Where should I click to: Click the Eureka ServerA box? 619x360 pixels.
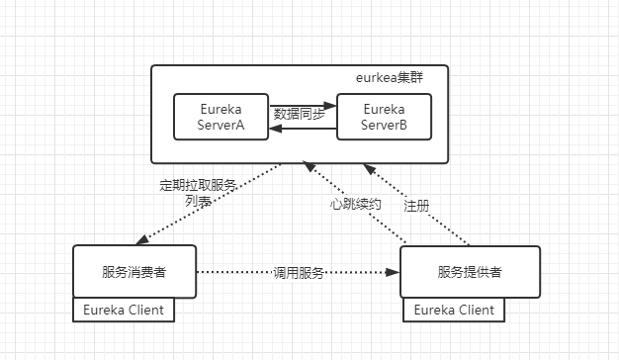click(221, 117)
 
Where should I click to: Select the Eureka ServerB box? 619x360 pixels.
click(386, 117)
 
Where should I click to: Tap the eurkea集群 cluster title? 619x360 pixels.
click(391, 77)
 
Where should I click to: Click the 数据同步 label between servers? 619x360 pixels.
click(303, 114)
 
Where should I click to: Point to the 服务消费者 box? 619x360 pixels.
click(134, 271)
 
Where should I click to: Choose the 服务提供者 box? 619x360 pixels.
click(470, 271)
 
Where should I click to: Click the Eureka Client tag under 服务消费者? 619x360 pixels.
click(125, 310)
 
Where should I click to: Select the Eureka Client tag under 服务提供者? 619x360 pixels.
click(454, 310)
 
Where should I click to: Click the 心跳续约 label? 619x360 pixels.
click(354, 203)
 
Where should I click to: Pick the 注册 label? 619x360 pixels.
click(416, 206)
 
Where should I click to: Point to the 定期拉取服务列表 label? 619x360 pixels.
click(198, 193)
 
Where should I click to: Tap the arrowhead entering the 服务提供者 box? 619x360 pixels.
click(393, 271)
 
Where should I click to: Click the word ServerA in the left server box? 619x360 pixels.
click(221, 126)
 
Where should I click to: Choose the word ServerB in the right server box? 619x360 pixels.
click(386, 126)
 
